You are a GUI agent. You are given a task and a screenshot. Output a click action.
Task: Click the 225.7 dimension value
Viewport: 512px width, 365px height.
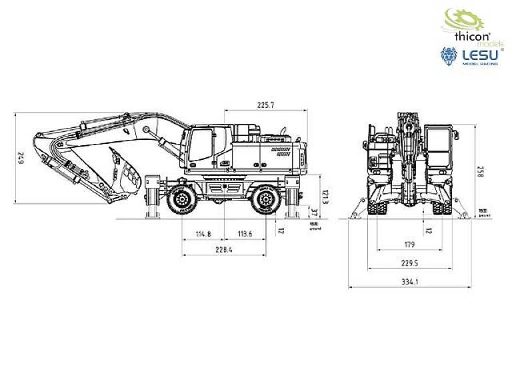(x=265, y=105)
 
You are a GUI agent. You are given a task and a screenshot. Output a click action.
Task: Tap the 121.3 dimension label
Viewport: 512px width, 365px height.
(x=325, y=196)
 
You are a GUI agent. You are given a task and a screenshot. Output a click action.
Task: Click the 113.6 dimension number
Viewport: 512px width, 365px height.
(x=245, y=234)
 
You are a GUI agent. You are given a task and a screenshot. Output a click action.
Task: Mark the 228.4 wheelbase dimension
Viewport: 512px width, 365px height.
(x=224, y=250)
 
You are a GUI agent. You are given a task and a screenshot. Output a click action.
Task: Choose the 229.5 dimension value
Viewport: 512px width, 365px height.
(x=410, y=262)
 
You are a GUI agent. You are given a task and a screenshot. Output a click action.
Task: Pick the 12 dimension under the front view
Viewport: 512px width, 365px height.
(x=429, y=230)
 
